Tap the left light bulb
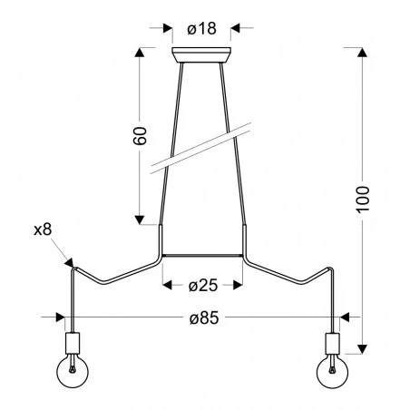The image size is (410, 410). (72, 373)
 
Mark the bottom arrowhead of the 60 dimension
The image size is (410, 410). (140, 219)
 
